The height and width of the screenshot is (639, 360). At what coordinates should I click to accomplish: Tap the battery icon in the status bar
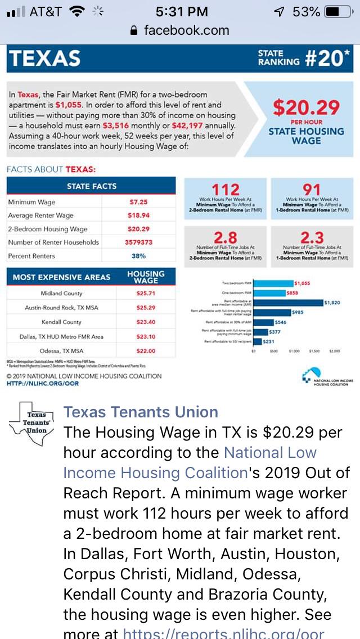click(x=337, y=12)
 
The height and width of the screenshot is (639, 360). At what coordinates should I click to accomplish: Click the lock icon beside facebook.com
click(x=133, y=30)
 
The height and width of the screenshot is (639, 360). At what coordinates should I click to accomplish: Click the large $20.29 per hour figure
click(x=306, y=107)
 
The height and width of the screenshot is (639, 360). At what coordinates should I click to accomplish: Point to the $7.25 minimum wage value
click(x=138, y=202)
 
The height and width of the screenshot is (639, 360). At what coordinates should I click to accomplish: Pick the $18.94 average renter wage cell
click(x=138, y=215)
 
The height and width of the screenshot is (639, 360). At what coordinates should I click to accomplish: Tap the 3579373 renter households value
click(x=138, y=242)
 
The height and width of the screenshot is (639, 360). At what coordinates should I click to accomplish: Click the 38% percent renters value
click(x=138, y=256)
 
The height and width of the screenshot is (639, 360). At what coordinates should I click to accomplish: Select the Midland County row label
click(x=61, y=294)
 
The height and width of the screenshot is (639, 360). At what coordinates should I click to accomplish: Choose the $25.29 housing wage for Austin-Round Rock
click(x=146, y=308)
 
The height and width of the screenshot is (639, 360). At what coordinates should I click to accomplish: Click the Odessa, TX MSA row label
click(x=61, y=350)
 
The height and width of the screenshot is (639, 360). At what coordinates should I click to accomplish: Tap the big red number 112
click(x=225, y=190)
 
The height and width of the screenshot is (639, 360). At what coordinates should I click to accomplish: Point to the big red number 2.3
click(x=312, y=237)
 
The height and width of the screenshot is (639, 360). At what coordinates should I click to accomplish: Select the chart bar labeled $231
click(x=258, y=341)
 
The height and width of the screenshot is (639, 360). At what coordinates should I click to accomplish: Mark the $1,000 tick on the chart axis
click(x=294, y=350)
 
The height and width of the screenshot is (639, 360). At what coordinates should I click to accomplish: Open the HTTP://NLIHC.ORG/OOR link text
click(x=43, y=384)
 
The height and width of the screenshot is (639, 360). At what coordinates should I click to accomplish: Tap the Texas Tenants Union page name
click(x=141, y=412)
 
